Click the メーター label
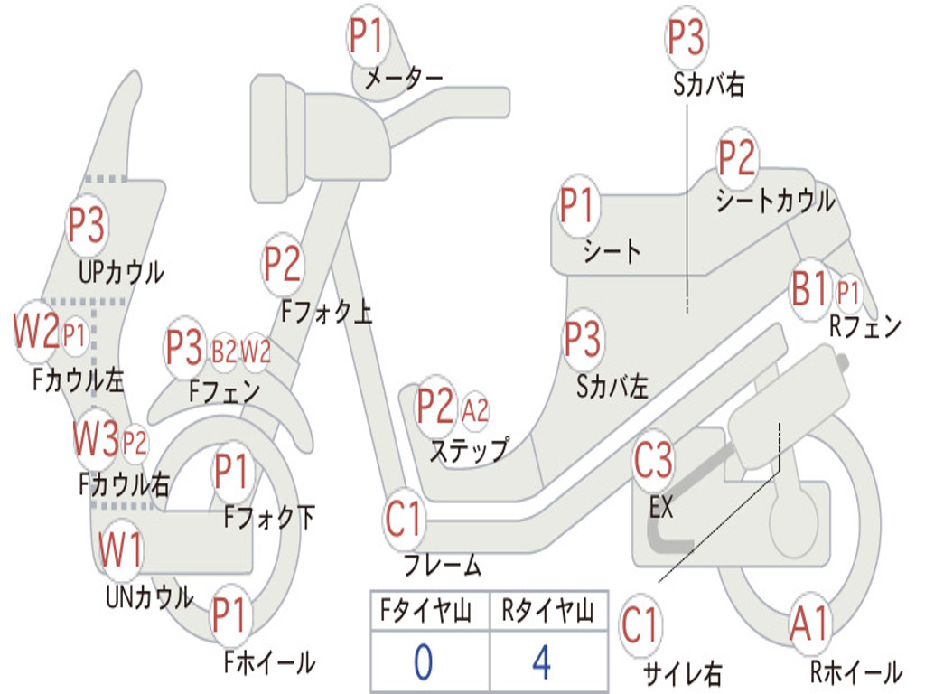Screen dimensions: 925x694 pos(403,79)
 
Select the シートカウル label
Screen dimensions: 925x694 pos(776,201)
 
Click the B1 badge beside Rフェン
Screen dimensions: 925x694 pos(810,289)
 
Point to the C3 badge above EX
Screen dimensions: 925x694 pos(653,460)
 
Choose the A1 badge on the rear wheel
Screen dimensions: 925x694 pos(810,624)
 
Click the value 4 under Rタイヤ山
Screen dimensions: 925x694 pos(542,662)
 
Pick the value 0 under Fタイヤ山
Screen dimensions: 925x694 pos(423,662)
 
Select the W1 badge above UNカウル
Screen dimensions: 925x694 pos(120,549)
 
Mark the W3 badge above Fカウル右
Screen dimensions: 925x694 pos(96,439)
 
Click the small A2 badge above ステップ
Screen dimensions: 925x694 pos(475,410)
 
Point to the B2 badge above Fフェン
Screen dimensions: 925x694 pos(224,352)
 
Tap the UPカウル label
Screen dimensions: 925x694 pos(121,273)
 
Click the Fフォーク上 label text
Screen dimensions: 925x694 pos(326,311)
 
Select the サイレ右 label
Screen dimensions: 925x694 pos(683,673)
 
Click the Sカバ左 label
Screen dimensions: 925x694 pos(612,387)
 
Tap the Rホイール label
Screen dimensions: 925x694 pos(856,671)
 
